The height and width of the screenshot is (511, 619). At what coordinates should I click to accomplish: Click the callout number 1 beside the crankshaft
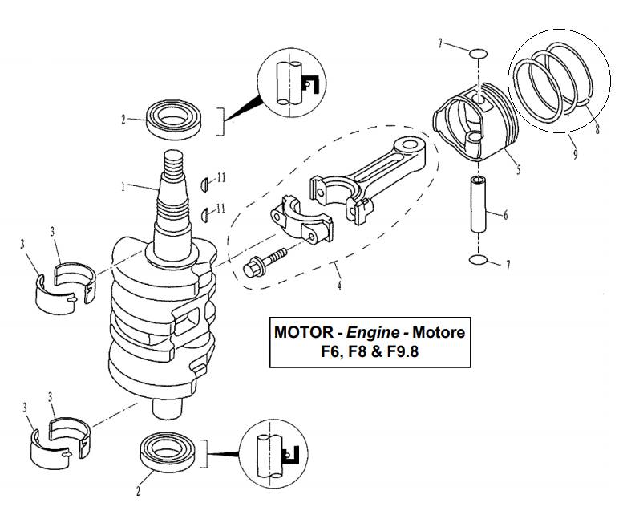pyautogui.click(x=123, y=187)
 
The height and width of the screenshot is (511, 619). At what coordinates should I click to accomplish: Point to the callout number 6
pyautogui.click(x=507, y=215)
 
